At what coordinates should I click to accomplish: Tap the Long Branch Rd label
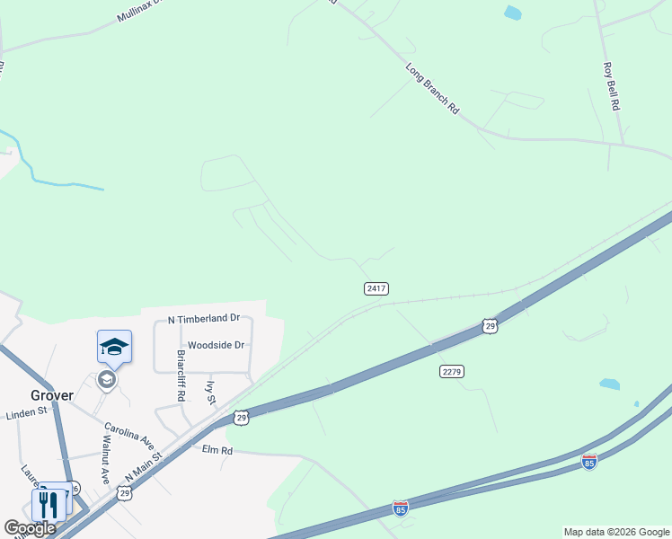[432, 88]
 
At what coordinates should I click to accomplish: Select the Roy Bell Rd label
[613, 86]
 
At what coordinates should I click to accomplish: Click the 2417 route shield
[376, 288]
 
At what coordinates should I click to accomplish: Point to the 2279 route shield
[452, 371]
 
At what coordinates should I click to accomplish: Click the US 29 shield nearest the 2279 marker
[489, 325]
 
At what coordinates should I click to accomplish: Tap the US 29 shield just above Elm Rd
[242, 417]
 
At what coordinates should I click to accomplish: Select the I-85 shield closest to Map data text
[588, 462]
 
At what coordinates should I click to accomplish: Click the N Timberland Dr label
[205, 319]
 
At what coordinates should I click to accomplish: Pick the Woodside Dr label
[216, 345]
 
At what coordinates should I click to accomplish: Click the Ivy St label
[212, 393]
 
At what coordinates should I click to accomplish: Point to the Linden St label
[26, 412]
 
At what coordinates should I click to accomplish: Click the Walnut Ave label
[105, 460]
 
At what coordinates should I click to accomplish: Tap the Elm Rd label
[217, 449]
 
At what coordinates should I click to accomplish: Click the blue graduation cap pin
[114, 347]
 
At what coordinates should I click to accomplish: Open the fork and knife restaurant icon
[48, 504]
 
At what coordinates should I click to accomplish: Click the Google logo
[30, 528]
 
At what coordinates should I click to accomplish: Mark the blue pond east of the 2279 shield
[609, 384]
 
